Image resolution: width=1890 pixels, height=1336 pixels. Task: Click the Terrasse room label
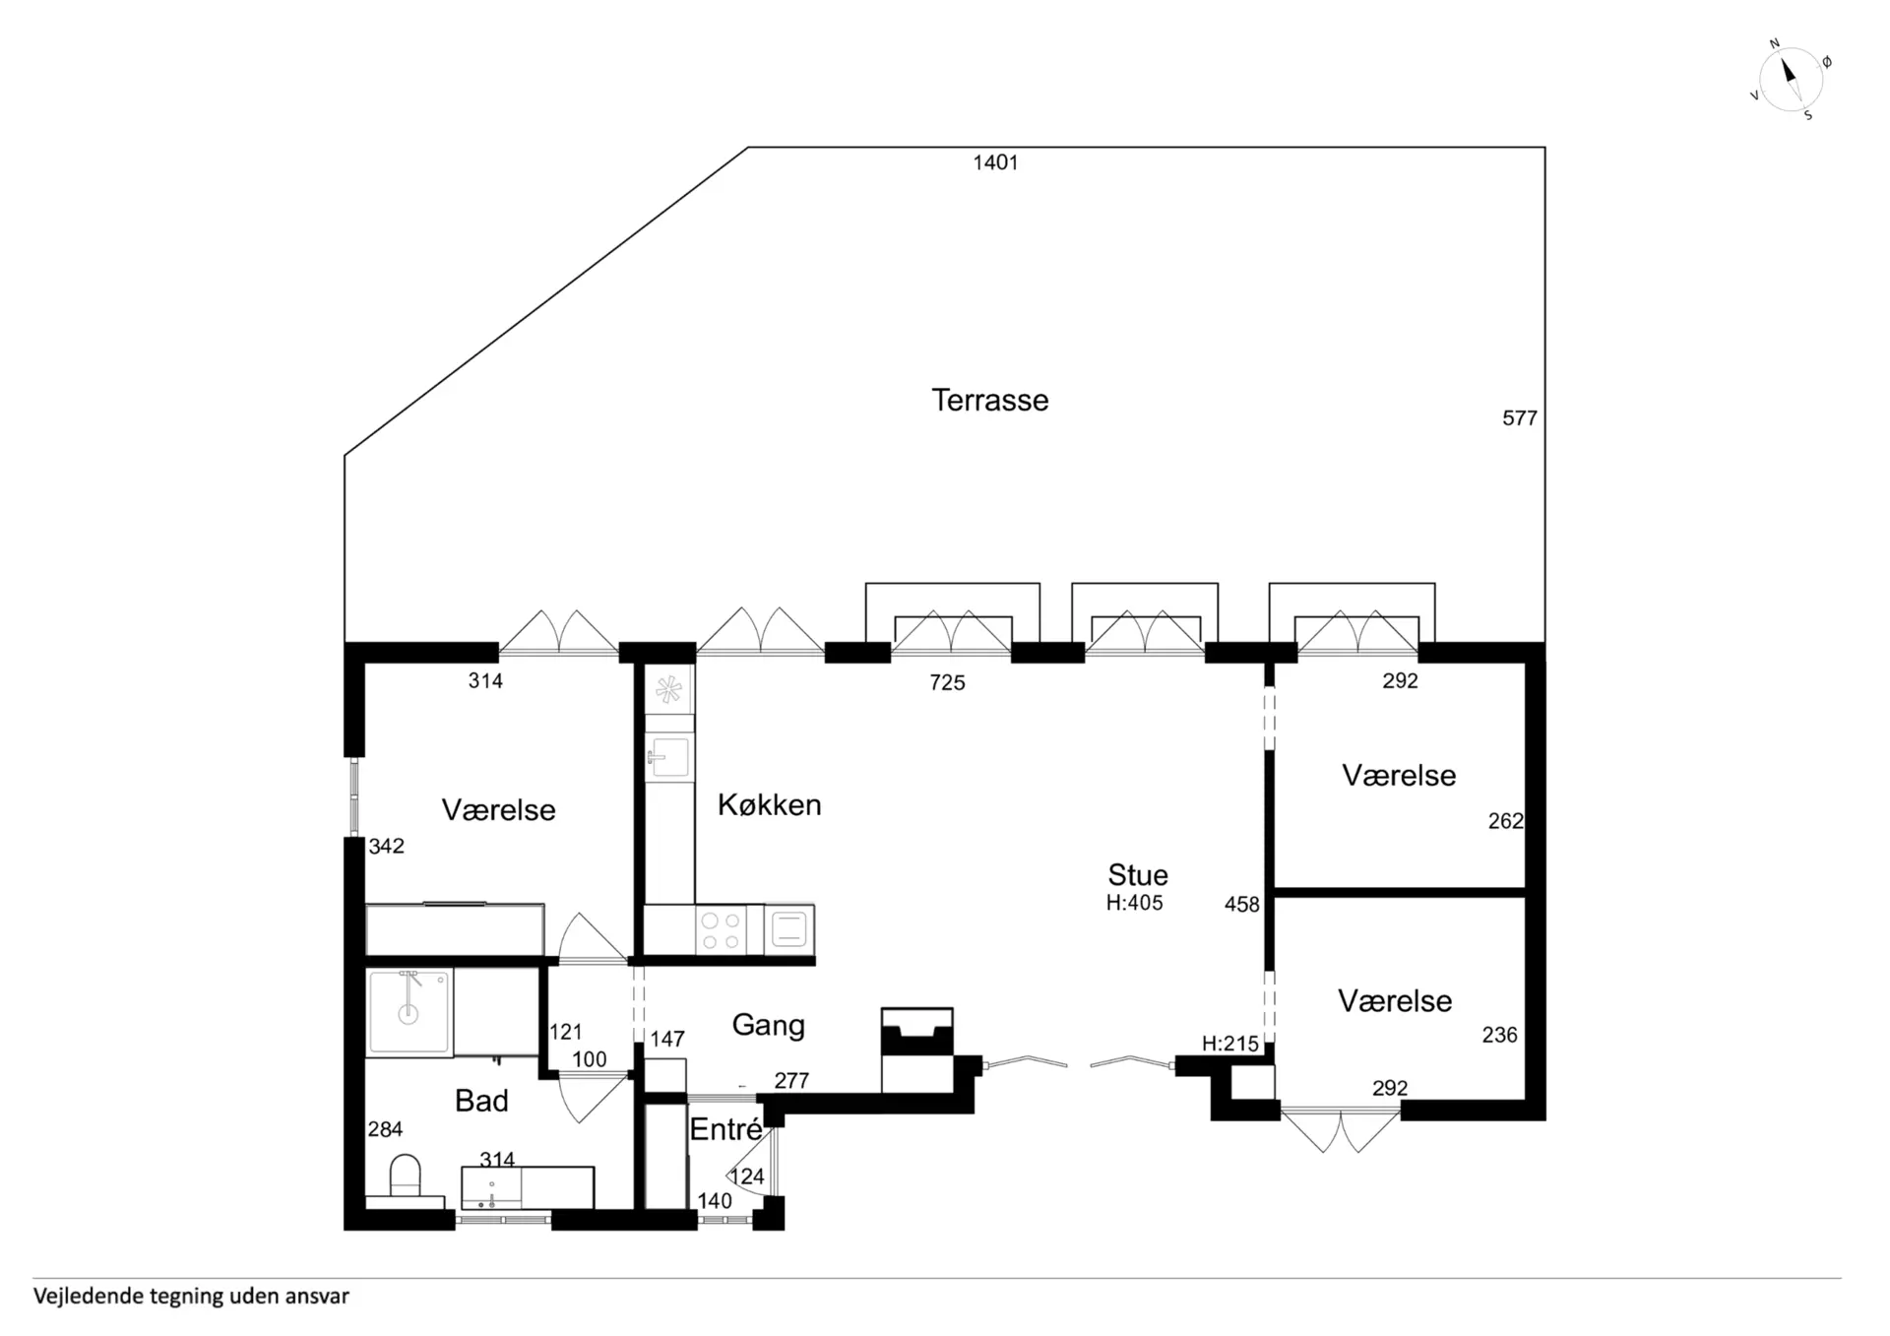[989, 400]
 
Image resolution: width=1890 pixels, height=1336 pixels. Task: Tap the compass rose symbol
[1791, 80]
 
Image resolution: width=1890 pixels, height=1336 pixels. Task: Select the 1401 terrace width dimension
[995, 162]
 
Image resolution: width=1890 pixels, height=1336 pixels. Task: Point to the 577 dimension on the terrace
[1519, 418]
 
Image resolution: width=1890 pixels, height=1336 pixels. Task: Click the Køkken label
[769, 804]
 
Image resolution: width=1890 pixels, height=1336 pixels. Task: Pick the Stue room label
[1138, 874]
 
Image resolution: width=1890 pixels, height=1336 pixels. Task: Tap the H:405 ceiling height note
[1134, 903]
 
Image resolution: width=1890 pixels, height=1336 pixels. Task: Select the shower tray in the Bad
[409, 1011]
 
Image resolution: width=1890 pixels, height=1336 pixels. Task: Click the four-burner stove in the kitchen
[721, 930]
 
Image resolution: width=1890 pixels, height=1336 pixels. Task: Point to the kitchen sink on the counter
[669, 757]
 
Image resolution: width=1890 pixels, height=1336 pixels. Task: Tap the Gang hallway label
[768, 1026]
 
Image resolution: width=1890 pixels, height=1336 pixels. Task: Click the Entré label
[725, 1129]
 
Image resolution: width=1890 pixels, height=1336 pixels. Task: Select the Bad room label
[481, 1101]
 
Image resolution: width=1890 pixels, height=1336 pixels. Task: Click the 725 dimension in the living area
[947, 682]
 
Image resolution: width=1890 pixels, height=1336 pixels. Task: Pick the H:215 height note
[1230, 1044]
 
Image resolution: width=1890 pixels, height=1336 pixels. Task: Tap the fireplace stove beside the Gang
[917, 1050]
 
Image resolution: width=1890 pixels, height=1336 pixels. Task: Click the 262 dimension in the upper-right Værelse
[1505, 821]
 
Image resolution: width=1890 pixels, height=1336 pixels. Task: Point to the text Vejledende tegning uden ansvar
[191, 1296]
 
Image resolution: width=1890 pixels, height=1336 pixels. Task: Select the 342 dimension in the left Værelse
[386, 847]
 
